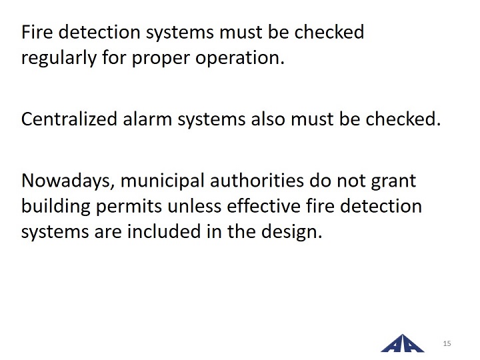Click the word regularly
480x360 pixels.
(59, 58)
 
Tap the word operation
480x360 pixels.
(240, 58)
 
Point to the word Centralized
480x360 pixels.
(69, 119)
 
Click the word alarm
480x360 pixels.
(147, 119)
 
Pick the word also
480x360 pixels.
(268, 119)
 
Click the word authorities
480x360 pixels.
(257, 181)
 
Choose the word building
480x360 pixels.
(56, 206)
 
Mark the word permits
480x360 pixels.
(129, 207)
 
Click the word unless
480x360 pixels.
(195, 206)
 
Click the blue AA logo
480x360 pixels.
(403, 343)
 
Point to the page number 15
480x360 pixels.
(447, 343)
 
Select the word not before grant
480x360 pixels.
(351, 181)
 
